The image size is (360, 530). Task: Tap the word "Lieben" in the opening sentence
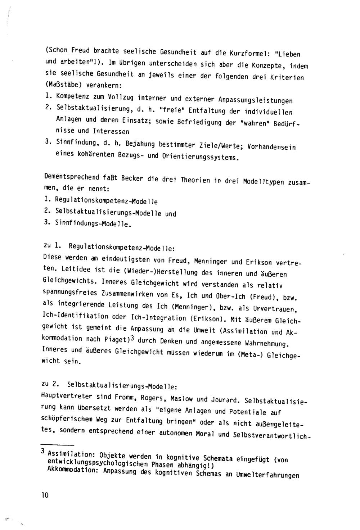pos(288,54)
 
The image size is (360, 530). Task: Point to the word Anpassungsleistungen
pos(255,100)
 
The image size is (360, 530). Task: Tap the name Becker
pos(134,178)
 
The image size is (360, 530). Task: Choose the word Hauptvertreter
pos(67,396)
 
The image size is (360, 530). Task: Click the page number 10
pos(45,495)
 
